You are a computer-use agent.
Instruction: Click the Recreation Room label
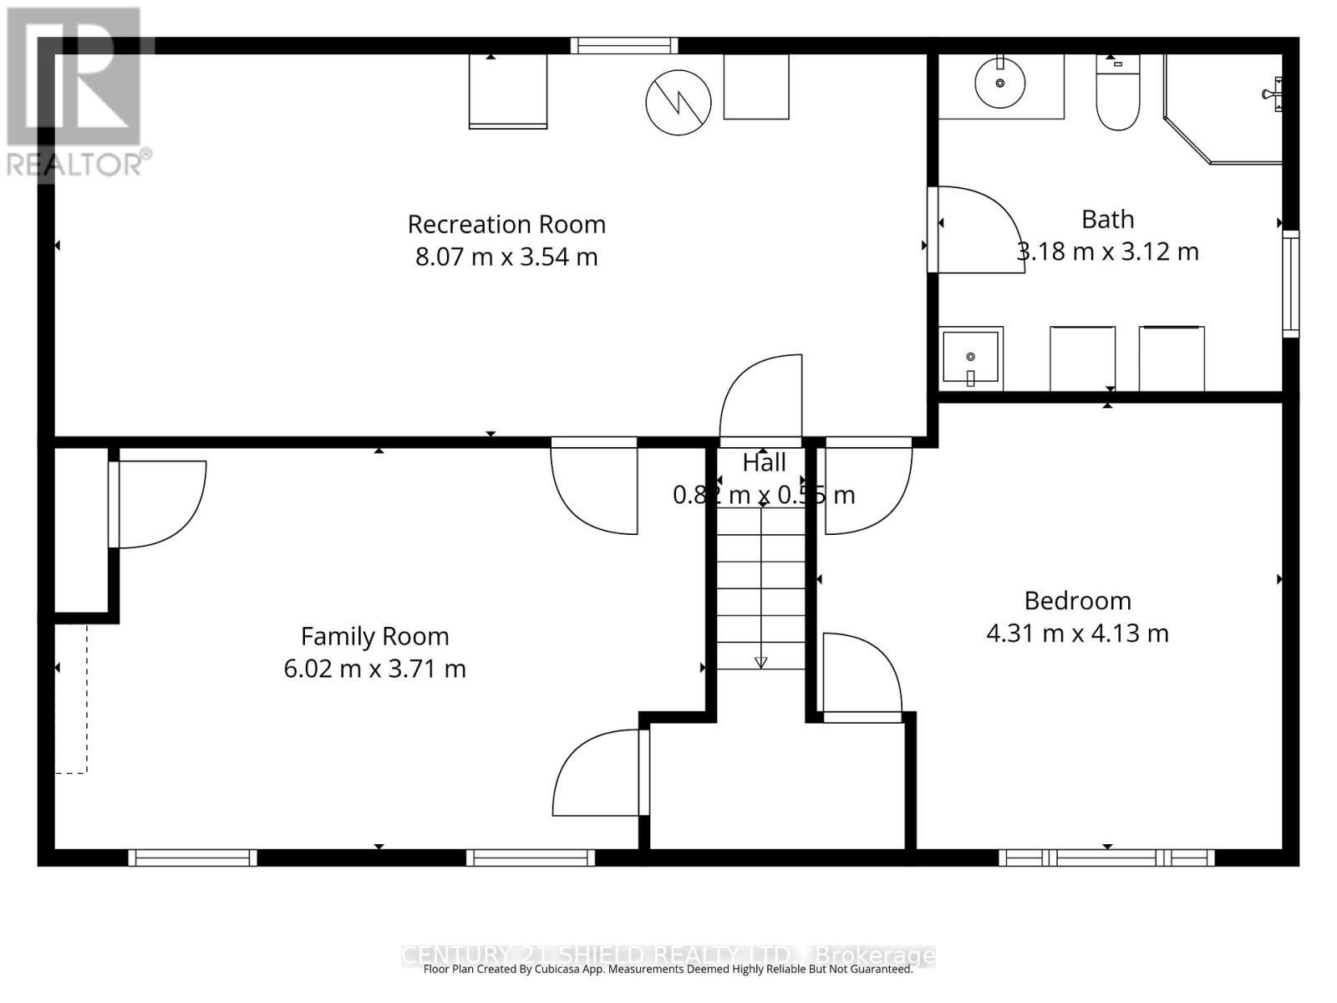(506, 224)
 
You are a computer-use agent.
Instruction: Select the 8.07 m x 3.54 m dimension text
(506, 257)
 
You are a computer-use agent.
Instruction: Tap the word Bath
(1107, 219)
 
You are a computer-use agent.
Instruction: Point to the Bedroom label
(1077, 600)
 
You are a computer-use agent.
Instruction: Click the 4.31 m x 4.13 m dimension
(1077, 634)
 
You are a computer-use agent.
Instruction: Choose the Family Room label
(374, 636)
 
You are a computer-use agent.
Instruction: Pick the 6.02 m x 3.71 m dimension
(374, 669)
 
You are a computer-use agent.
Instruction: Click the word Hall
(764, 462)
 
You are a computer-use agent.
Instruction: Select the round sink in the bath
(999, 83)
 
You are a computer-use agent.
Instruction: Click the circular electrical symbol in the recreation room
(678, 102)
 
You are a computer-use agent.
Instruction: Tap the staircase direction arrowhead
(760, 663)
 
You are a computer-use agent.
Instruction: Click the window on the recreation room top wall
(623, 46)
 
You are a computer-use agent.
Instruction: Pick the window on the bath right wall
(1290, 284)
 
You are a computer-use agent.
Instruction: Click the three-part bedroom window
(1106, 857)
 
